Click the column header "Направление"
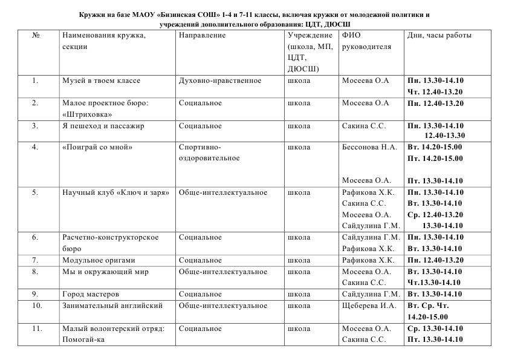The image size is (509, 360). (202, 35)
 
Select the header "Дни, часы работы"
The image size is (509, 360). (439, 35)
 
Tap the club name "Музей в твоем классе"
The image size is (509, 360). (101, 80)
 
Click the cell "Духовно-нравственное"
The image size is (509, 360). (220, 80)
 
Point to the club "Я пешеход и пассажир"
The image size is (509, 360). (103, 126)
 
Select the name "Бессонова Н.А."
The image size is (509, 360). (369, 147)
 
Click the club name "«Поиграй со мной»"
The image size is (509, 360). (97, 147)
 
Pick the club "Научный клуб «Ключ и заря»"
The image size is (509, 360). (115, 192)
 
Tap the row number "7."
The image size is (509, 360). (35, 260)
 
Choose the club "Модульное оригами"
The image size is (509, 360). (94, 260)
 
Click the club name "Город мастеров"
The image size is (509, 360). (91, 294)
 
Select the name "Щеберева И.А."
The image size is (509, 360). (369, 306)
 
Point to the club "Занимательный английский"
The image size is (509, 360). (112, 306)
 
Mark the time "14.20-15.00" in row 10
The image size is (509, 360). (428, 316)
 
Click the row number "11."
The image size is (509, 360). (37, 329)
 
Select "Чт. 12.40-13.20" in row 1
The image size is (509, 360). (435, 92)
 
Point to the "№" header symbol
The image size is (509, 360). (35, 35)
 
